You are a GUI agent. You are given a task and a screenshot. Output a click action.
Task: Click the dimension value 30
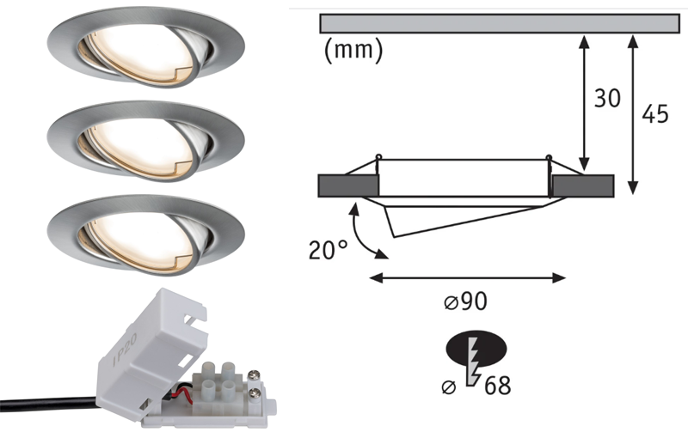click(607, 99)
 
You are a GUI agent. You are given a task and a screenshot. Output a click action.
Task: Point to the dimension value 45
click(655, 114)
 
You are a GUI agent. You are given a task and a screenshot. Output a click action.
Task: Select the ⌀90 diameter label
click(468, 304)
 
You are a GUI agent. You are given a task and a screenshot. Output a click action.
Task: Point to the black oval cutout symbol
click(477, 348)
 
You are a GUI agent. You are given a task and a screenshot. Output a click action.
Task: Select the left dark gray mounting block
click(347, 185)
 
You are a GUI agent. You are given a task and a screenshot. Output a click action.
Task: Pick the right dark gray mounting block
click(584, 185)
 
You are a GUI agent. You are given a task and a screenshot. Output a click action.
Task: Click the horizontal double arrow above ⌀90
click(467, 277)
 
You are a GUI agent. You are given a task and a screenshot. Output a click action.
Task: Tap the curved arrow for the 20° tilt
click(365, 232)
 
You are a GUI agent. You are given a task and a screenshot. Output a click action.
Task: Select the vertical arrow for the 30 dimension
click(585, 103)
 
